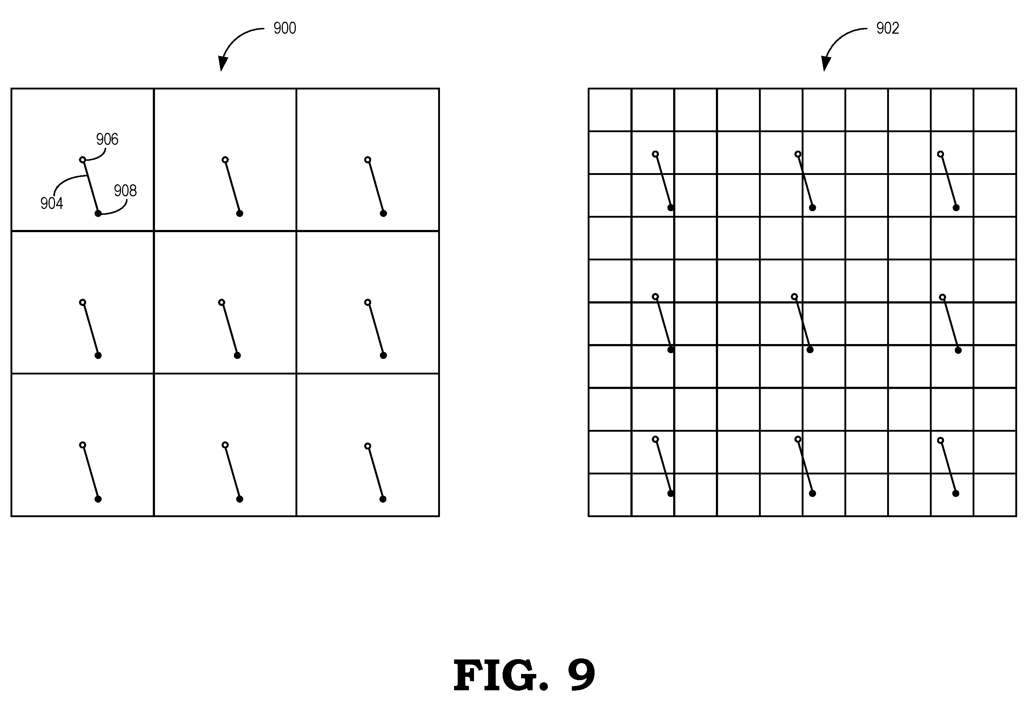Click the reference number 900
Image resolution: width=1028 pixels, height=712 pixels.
285,28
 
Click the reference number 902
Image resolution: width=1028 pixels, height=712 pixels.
888,28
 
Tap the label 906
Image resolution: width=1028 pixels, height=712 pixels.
107,139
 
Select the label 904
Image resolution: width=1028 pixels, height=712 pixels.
52,204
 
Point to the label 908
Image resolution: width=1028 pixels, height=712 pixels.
125,190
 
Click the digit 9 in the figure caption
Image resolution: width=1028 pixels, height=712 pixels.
582,675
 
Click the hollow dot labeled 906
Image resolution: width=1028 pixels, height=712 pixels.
83,160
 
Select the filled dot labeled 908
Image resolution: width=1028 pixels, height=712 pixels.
98,214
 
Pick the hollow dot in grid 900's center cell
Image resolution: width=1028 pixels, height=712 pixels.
222,302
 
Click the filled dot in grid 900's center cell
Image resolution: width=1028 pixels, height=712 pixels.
237,356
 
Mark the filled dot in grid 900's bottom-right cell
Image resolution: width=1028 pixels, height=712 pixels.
383,499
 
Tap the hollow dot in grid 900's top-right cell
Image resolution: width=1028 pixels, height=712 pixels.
368,160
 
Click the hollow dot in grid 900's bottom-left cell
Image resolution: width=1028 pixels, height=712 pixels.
83,445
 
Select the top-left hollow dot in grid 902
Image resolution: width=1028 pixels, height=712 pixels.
655,154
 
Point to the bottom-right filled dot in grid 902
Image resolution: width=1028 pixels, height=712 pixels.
956,493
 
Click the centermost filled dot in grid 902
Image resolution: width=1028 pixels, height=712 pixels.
810,350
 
